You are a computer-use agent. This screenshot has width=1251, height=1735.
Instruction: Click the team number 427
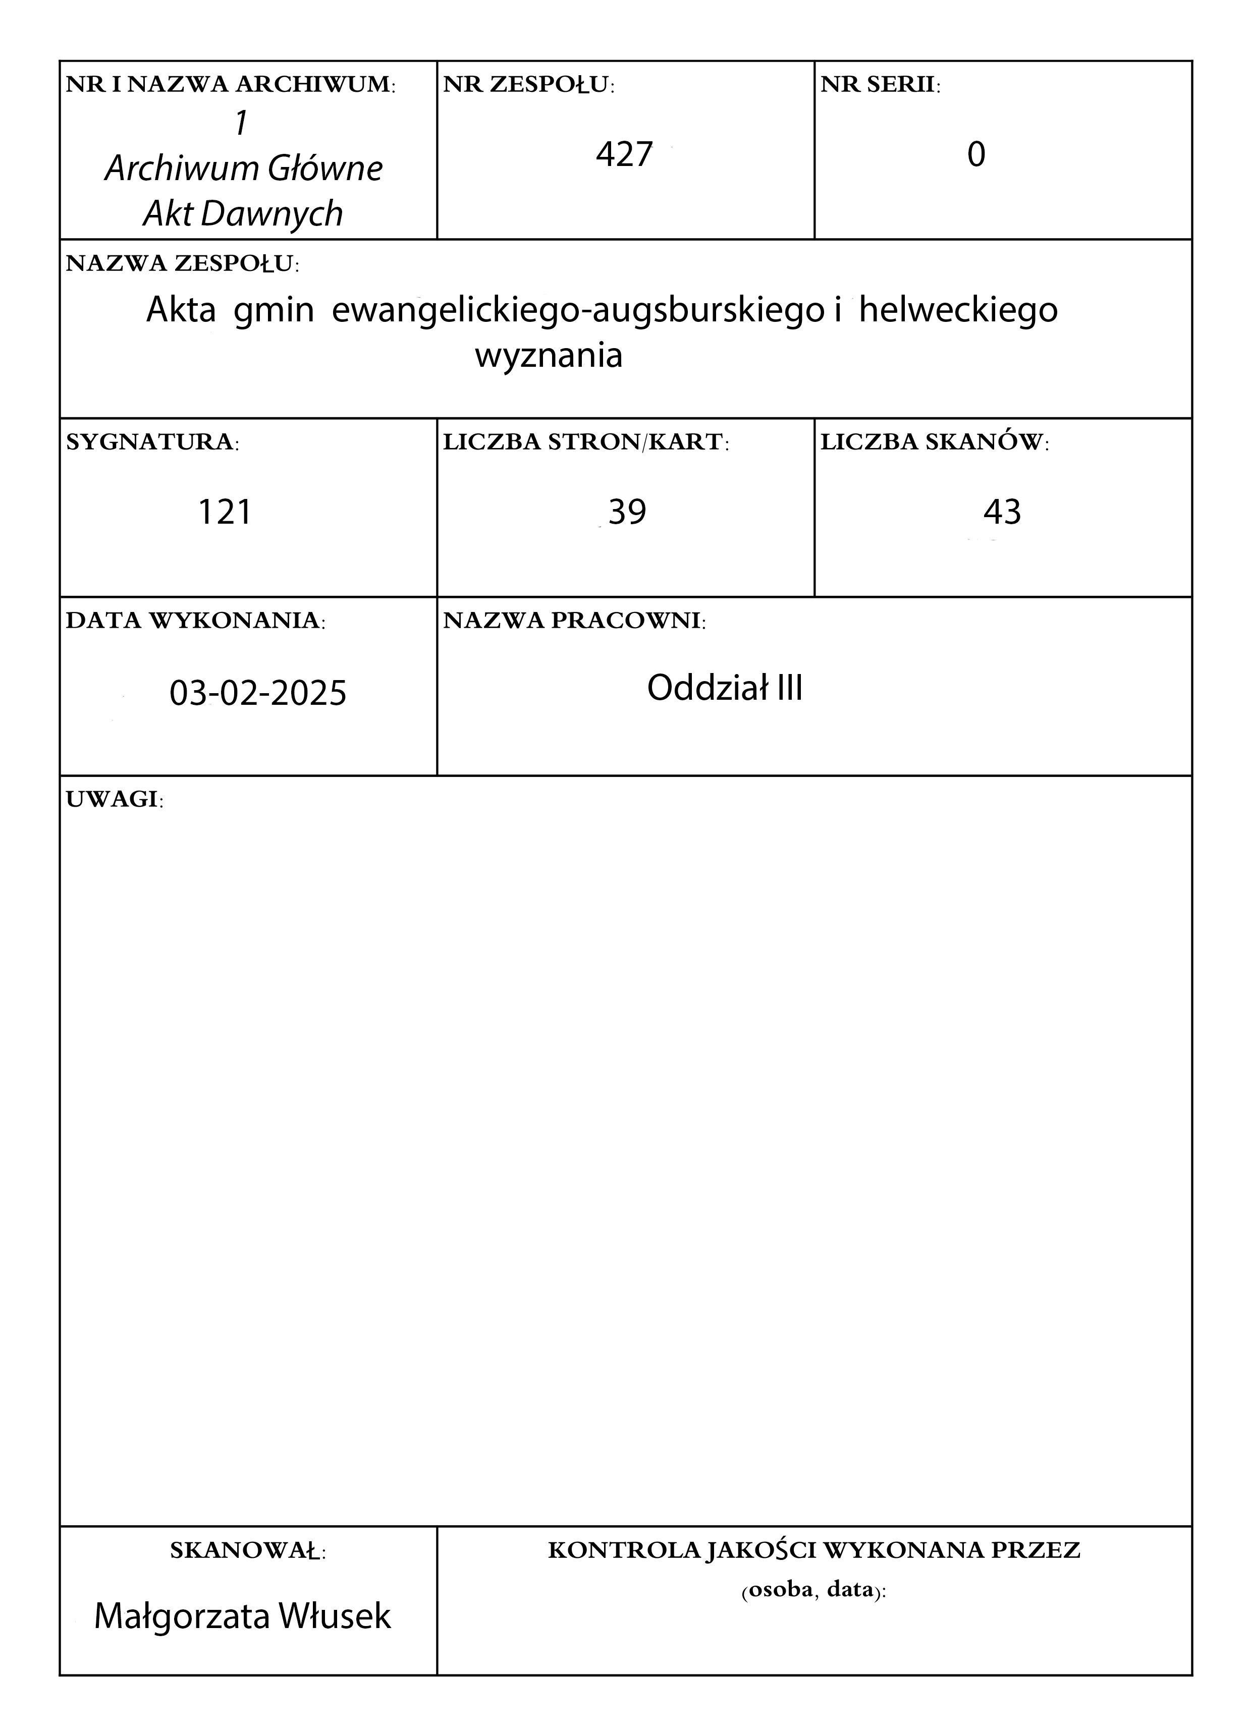tap(624, 154)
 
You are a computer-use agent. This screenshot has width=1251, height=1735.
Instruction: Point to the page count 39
tap(627, 512)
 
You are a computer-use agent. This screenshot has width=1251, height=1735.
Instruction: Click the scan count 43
tap(1002, 512)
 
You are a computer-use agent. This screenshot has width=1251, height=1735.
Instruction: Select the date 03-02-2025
tap(258, 693)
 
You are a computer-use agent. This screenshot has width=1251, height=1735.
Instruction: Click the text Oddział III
tap(725, 689)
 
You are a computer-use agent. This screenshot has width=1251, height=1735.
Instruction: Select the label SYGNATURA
tap(151, 442)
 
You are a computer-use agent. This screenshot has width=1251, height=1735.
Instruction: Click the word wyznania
tap(549, 356)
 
